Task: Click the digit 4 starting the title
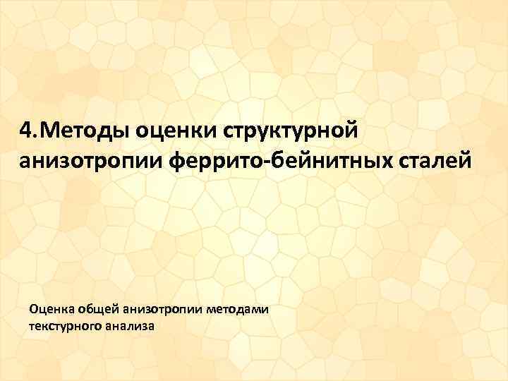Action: [x=25, y=131]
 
